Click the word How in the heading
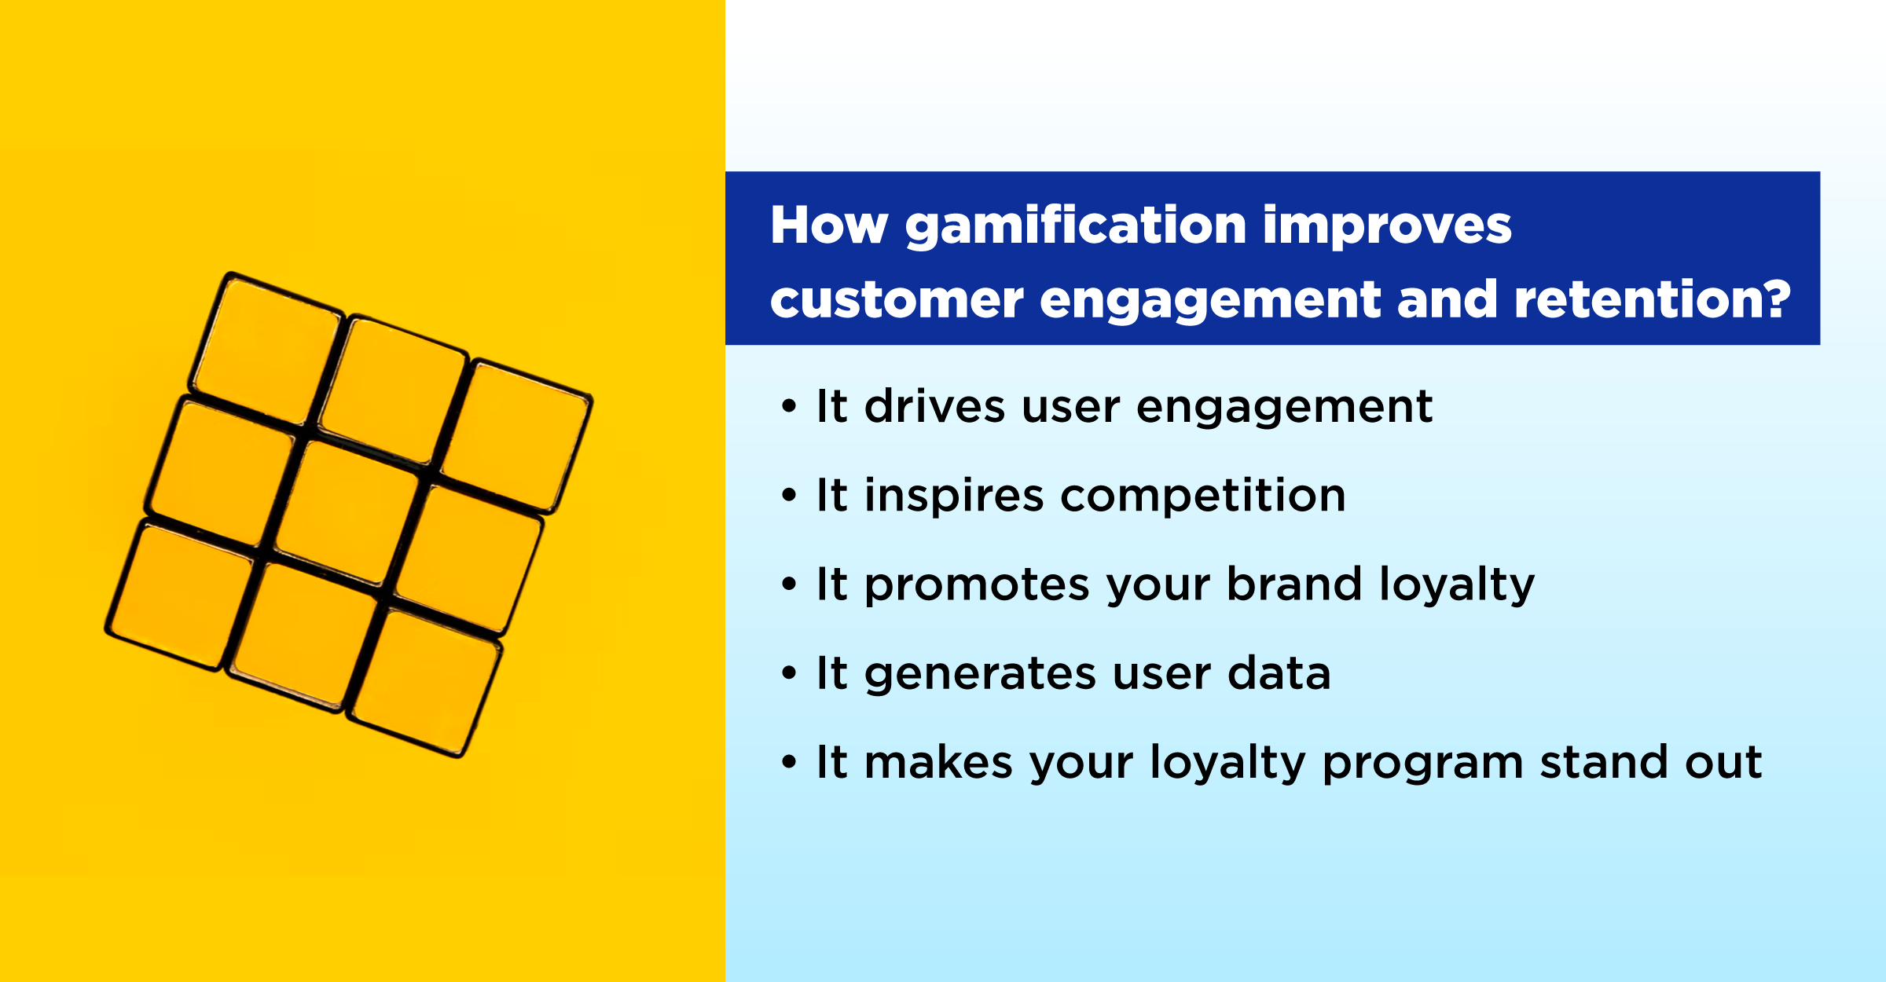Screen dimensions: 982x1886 click(829, 225)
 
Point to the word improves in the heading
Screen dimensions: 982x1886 click(1386, 227)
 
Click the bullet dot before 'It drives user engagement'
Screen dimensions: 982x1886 click(789, 407)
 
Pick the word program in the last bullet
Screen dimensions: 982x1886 click(1422, 763)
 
